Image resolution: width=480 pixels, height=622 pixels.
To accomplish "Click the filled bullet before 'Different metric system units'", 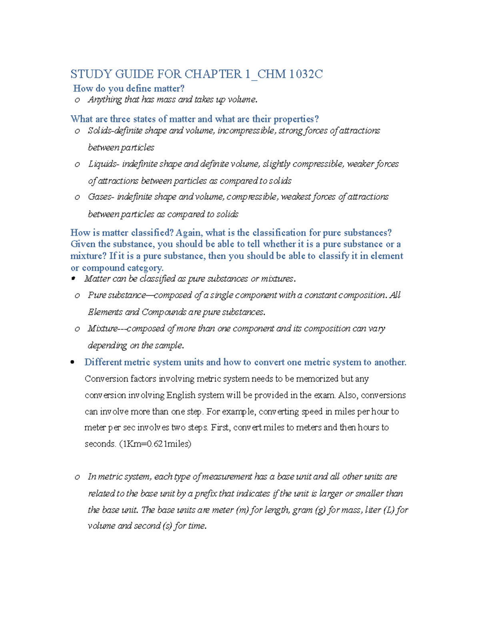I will pos(72,362).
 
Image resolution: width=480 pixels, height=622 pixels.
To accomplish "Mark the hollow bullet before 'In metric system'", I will pos(77,477).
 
